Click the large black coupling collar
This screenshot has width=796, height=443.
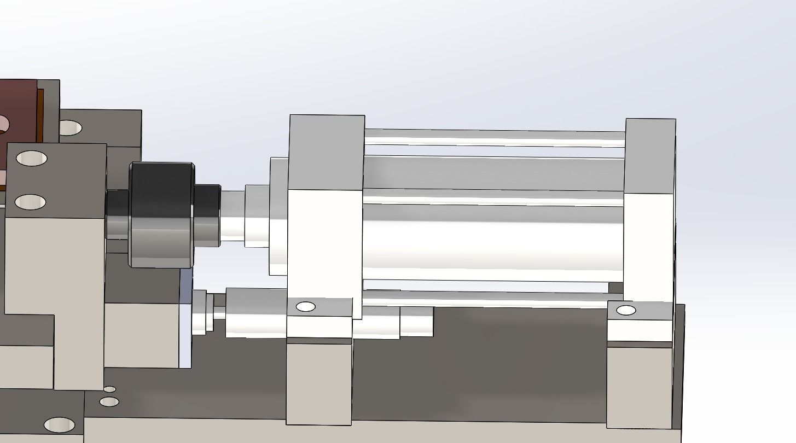(x=161, y=214)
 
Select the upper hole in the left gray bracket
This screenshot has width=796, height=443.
(x=31, y=159)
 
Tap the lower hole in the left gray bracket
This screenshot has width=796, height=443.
(x=30, y=202)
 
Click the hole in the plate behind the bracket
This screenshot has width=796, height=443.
(x=69, y=128)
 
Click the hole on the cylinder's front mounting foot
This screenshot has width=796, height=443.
(x=305, y=307)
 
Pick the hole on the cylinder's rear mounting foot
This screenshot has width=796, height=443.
(x=626, y=311)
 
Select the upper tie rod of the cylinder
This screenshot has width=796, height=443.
(x=492, y=137)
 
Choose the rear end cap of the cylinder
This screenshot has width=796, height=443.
(x=649, y=219)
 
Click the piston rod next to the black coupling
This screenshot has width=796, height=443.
(x=232, y=215)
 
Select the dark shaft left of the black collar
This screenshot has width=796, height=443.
(x=117, y=214)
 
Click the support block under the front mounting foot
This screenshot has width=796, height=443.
(x=318, y=383)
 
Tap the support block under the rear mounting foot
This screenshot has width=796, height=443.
(x=639, y=386)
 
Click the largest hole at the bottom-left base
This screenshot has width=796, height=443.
(x=59, y=425)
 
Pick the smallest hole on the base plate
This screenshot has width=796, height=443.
(x=109, y=389)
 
